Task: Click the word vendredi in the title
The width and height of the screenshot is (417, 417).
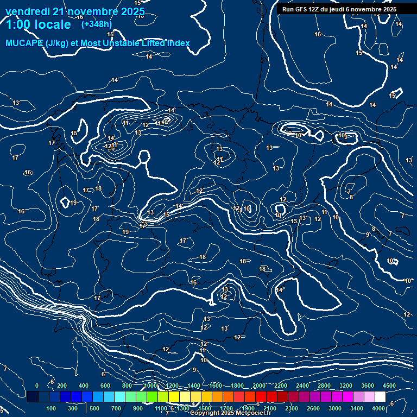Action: click(x=28, y=11)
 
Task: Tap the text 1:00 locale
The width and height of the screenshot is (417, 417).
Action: click(x=39, y=24)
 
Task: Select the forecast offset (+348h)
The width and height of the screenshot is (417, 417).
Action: click(x=96, y=24)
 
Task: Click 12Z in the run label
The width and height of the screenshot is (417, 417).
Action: click(x=315, y=9)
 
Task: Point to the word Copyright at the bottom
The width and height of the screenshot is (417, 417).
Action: click(x=204, y=413)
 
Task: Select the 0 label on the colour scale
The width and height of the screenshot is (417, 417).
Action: click(x=36, y=386)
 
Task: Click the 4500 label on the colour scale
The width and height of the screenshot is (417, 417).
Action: click(x=389, y=386)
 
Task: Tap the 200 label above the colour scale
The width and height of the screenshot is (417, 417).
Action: click(x=61, y=386)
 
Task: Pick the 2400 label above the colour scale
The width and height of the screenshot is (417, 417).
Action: click(x=302, y=386)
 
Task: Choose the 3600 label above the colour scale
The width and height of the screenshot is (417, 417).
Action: click(x=368, y=386)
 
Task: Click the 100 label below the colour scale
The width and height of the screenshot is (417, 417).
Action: click(x=52, y=408)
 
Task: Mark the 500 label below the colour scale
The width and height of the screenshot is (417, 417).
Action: click(x=94, y=408)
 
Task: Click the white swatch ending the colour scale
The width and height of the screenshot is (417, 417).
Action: click(x=390, y=397)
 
